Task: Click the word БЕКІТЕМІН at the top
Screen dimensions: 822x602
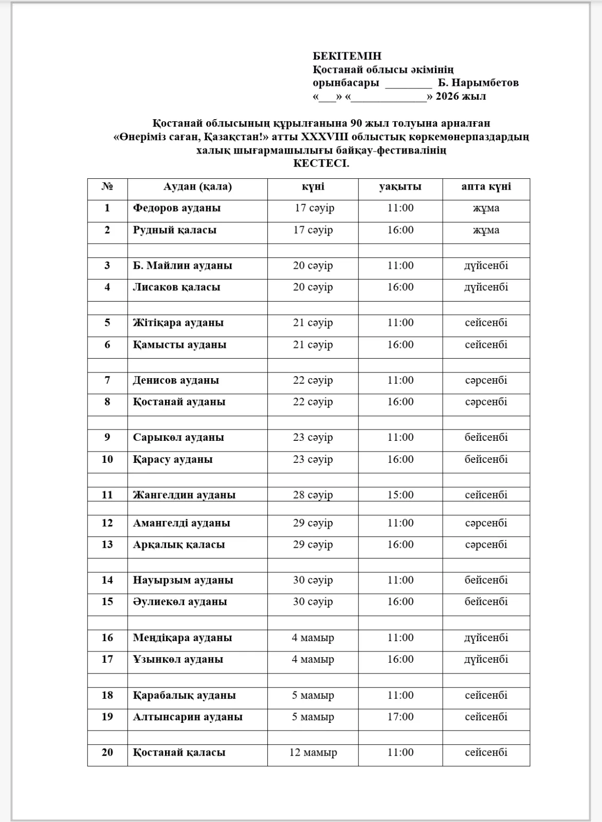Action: [347, 56]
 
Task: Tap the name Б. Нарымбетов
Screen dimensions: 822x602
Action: [478, 83]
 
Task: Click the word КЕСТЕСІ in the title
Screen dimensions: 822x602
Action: [321, 164]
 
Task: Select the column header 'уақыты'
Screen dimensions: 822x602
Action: [400, 186]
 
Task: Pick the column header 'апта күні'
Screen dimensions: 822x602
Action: [486, 186]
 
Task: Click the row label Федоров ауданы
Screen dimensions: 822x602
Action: [177, 208]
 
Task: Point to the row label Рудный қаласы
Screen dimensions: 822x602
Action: [175, 230]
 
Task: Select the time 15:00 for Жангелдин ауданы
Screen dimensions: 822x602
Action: [400, 495]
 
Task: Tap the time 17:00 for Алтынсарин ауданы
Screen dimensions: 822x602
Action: [400, 717]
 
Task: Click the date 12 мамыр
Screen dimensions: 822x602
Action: [313, 753]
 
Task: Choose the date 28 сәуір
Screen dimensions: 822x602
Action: [313, 495]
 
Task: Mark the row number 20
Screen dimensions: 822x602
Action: [107, 753]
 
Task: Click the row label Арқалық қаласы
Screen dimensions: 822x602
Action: [179, 545]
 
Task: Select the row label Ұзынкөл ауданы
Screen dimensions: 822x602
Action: [178, 659]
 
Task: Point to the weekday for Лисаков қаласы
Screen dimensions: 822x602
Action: [486, 287]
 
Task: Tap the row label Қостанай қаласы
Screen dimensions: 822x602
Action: [179, 753]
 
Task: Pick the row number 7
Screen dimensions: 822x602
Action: [107, 381]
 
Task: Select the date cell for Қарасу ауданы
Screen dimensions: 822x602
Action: [313, 460]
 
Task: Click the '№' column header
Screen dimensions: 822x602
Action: [107, 186]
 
